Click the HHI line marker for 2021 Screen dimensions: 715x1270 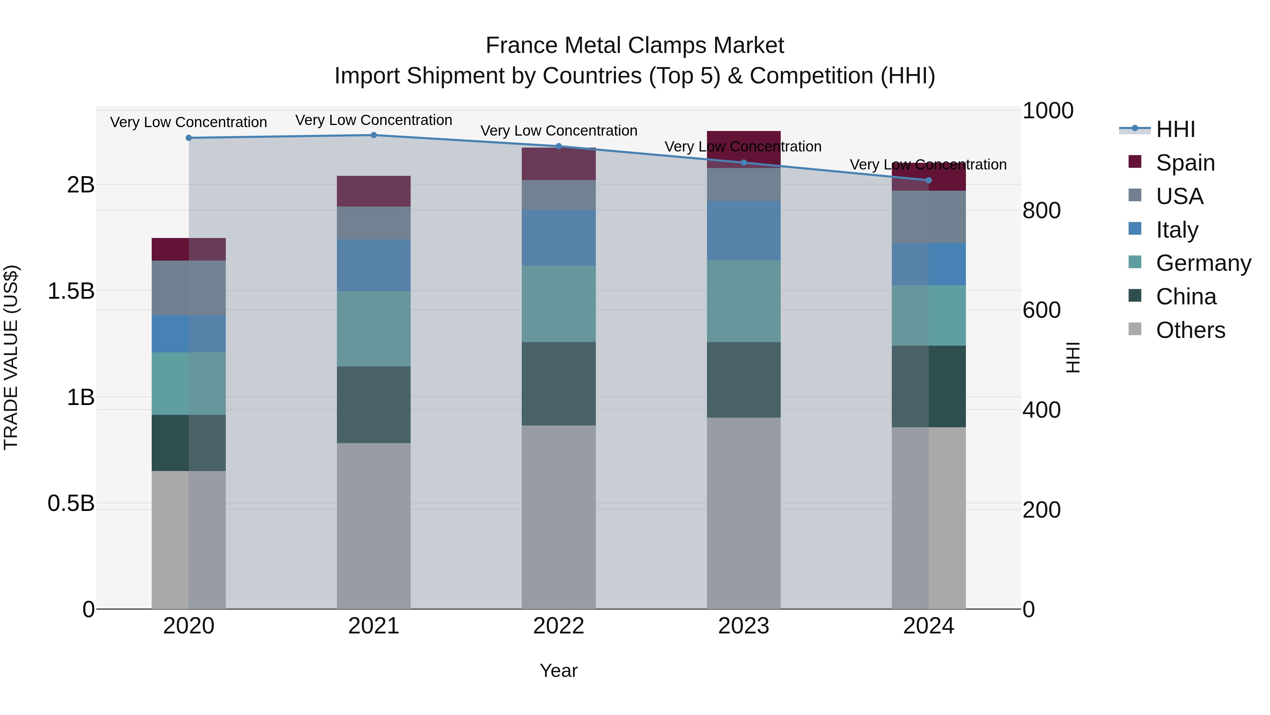pos(374,135)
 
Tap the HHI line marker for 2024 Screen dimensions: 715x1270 pos(929,180)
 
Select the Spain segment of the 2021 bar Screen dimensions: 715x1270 pos(374,191)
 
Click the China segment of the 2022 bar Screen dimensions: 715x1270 pos(558,383)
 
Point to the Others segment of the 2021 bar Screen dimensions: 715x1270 pos(374,525)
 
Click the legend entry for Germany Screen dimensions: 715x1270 pos(1203,263)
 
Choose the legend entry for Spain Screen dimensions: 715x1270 pos(1185,163)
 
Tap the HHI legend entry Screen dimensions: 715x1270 pos(1175,129)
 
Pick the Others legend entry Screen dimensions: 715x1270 pos(1190,330)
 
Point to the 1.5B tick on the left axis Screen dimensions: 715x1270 pos(71,291)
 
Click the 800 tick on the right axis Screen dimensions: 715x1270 pos(1041,211)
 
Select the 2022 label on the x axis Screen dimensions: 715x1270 pos(558,626)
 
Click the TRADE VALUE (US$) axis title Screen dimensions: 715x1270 pos(11,357)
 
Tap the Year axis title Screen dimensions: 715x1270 pos(558,671)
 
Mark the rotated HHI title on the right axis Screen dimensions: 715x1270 pos(1073,357)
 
